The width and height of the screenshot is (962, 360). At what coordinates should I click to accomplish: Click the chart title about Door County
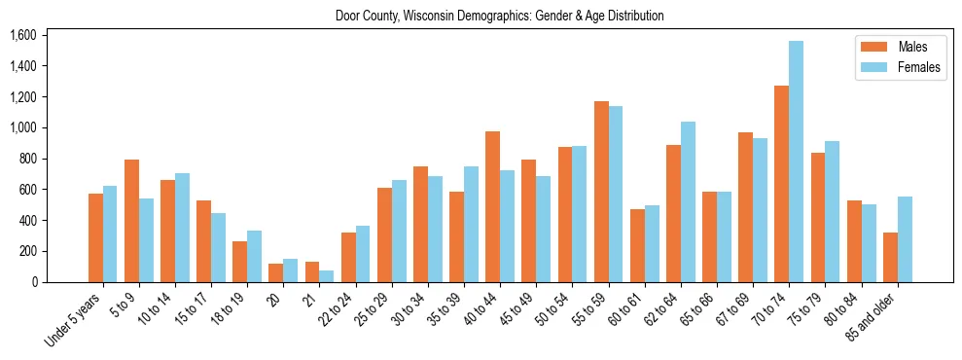click(499, 16)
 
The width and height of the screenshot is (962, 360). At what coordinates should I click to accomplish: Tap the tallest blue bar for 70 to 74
click(796, 162)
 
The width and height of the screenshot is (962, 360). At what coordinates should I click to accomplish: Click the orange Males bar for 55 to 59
click(601, 192)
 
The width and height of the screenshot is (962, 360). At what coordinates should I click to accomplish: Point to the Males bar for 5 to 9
click(131, 221)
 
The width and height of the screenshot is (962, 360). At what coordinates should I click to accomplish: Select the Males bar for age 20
click(276, 272)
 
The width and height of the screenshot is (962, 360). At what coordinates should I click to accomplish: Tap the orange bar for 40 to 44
click(492, 206)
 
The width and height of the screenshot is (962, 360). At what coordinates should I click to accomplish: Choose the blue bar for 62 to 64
click(688, 201)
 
